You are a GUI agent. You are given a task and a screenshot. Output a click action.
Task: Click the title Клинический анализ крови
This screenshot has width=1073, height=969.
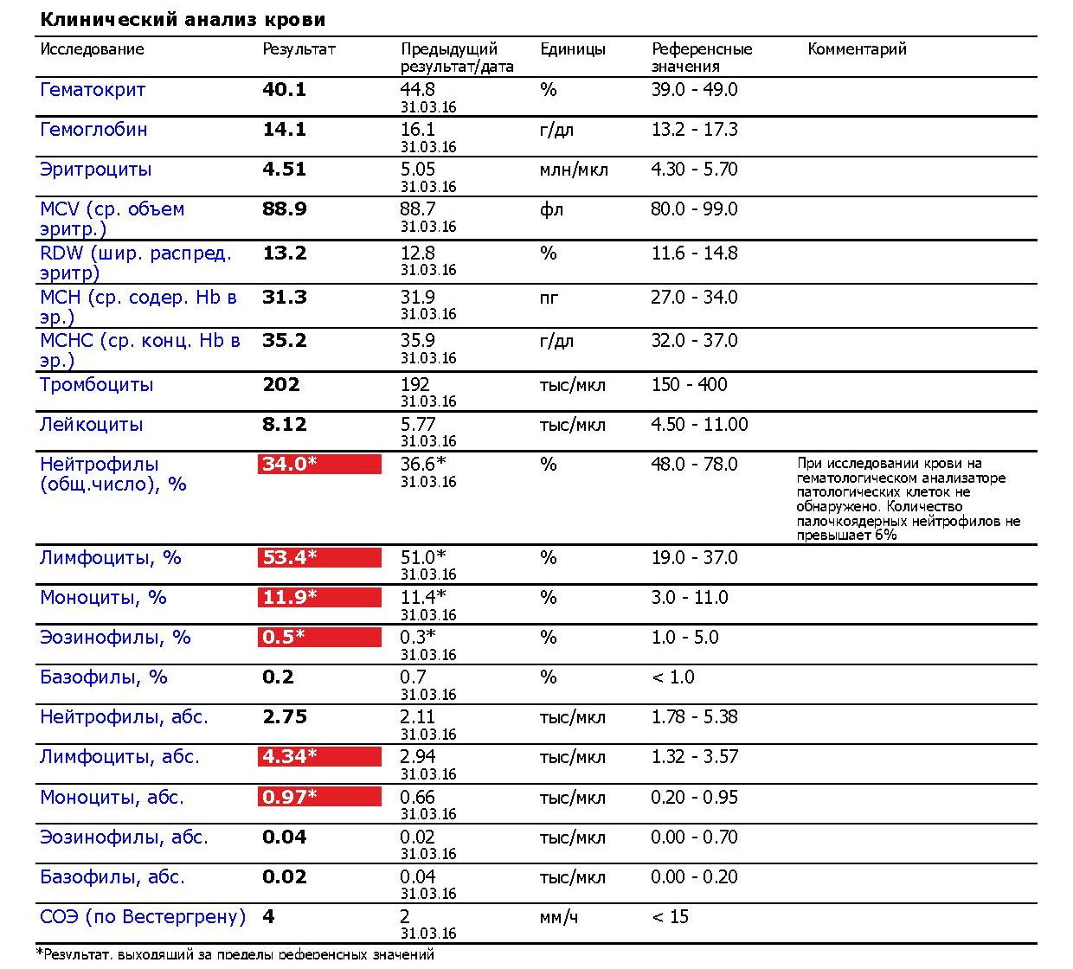[183, 19]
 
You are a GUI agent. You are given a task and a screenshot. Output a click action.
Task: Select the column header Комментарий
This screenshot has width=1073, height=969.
[857, 49]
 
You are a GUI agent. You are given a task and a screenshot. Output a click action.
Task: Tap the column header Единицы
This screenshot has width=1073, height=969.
[572, 49]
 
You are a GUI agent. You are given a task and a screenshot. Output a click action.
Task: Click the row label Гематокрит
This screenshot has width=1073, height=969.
[93, 90]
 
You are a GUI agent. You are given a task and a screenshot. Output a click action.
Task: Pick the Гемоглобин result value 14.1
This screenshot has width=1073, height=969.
[284, 130]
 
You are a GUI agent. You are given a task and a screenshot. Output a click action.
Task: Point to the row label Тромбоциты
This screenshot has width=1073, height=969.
[96, 385]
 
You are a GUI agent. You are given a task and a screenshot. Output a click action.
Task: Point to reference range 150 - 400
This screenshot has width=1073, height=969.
[689, 385]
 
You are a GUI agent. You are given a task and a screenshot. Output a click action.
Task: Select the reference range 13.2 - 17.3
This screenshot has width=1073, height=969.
[694, 130]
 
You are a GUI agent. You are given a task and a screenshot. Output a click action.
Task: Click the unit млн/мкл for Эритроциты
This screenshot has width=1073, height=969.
[573, 170]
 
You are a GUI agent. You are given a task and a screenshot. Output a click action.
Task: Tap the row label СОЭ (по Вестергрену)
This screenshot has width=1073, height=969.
[143, 917]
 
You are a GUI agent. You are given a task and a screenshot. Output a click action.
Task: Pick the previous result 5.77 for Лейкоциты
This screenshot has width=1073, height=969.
[417, 425]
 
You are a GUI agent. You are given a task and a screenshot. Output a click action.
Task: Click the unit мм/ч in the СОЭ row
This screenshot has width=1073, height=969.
[558, 917]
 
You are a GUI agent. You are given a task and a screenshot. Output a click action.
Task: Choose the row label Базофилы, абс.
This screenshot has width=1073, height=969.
[112, 877]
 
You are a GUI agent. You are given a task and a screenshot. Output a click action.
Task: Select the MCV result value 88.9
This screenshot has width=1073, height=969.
[284, 209]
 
